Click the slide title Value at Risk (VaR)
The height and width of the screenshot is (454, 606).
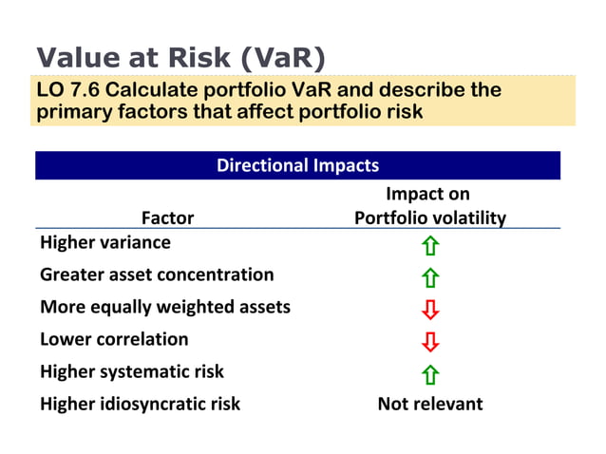pyautogui.click(x=180, y=57)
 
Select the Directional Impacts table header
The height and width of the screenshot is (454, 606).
pyautogui.click(x=297, y=165)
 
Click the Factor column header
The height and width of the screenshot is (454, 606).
pyautogui.click(x=167, y=218)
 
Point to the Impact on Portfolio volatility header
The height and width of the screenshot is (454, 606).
pyautogui.click(x=429, y=206)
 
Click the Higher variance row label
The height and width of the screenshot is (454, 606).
pyautogui.click(x=105, y=242)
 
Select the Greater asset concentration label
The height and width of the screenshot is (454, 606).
pyautogui.click(x=157, y=274)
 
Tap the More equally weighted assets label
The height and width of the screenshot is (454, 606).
pyautogui.click(x=165, y=307)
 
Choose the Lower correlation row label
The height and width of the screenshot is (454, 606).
pyautogui.click(x=114, y=339)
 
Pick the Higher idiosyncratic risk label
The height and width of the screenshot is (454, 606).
pyautogui.click(x=140, y=404)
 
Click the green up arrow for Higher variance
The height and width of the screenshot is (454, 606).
pyautogui.click(x=430, y=247)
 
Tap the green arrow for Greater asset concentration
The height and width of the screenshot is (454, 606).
pyautogui.click(x=430, y=279)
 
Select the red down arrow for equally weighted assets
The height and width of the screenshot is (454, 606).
pyautogui.click(x=430, y=311)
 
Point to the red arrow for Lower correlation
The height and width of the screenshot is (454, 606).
pyautogui.click(x=430, y=343)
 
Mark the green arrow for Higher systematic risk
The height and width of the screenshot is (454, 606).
pyautogui.click(x=430, y=374)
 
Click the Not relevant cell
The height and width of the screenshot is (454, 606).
pyautogui.click(x=430, y=404)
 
